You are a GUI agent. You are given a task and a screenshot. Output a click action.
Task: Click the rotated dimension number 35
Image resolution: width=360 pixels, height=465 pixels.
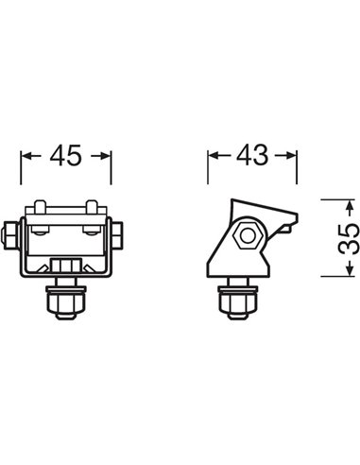pos(347,237)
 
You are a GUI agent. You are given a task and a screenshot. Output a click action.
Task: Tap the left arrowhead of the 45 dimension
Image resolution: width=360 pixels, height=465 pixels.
pos(26,155)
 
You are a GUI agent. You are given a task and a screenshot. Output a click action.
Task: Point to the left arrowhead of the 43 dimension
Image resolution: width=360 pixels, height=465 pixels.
pos(213,155)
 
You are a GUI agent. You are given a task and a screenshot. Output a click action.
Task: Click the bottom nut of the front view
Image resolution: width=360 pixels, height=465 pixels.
pos(66,304)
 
